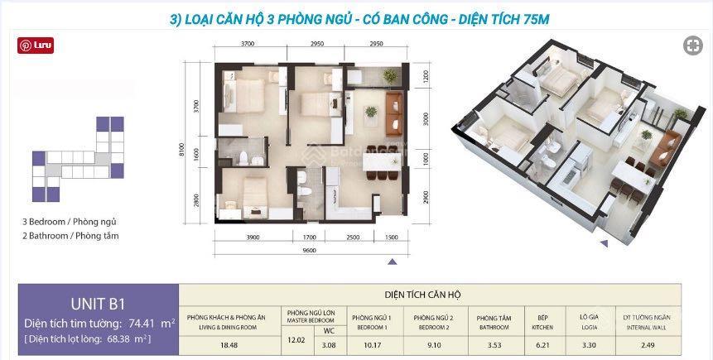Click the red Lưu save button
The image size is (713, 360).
(36, 47)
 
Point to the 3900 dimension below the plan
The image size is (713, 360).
(252, 238)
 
